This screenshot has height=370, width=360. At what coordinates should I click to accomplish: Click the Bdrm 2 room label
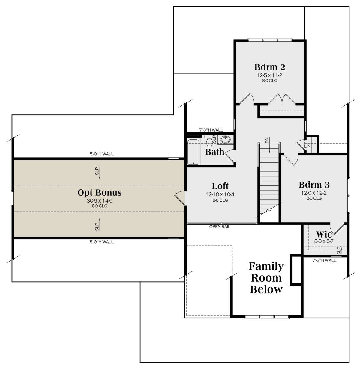(270, 67)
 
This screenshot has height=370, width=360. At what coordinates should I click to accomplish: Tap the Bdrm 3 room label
(314, 185)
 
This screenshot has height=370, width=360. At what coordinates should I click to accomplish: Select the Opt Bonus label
(100, 193)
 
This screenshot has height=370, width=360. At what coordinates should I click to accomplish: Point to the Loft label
(220, 186)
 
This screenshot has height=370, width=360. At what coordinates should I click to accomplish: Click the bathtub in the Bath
(193, 152)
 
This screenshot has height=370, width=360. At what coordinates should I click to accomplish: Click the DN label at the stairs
(267, 140)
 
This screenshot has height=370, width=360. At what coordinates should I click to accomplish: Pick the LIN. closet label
(307, 147)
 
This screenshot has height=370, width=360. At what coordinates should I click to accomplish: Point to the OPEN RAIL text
(220, 226)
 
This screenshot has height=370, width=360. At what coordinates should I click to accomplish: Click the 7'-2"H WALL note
(324, 260)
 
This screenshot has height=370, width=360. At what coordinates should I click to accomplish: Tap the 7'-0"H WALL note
(211, 130)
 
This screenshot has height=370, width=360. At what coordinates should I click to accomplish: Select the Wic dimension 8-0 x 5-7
(324, 241)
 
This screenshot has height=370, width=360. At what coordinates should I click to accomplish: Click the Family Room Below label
(266, 278)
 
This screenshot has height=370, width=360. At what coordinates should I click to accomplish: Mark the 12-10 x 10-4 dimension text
(220, 194)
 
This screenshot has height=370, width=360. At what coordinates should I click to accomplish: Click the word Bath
(214, 152)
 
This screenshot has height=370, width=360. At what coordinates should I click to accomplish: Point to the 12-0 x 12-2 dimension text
(314, 193)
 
